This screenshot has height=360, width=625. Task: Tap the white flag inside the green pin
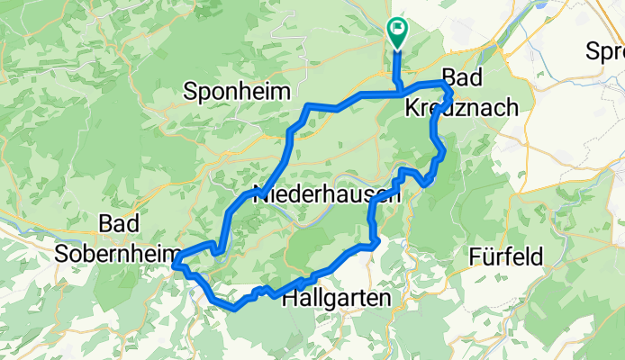click(397, 29)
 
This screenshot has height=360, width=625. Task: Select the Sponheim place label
click(237, 91)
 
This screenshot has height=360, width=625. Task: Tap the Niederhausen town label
click(327, 193)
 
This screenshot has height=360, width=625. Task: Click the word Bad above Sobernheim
click(118, 222)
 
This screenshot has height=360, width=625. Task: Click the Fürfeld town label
click(506, 257)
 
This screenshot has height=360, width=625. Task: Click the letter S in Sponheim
click(190, 91)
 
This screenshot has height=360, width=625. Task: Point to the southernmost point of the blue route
click(233, 309)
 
